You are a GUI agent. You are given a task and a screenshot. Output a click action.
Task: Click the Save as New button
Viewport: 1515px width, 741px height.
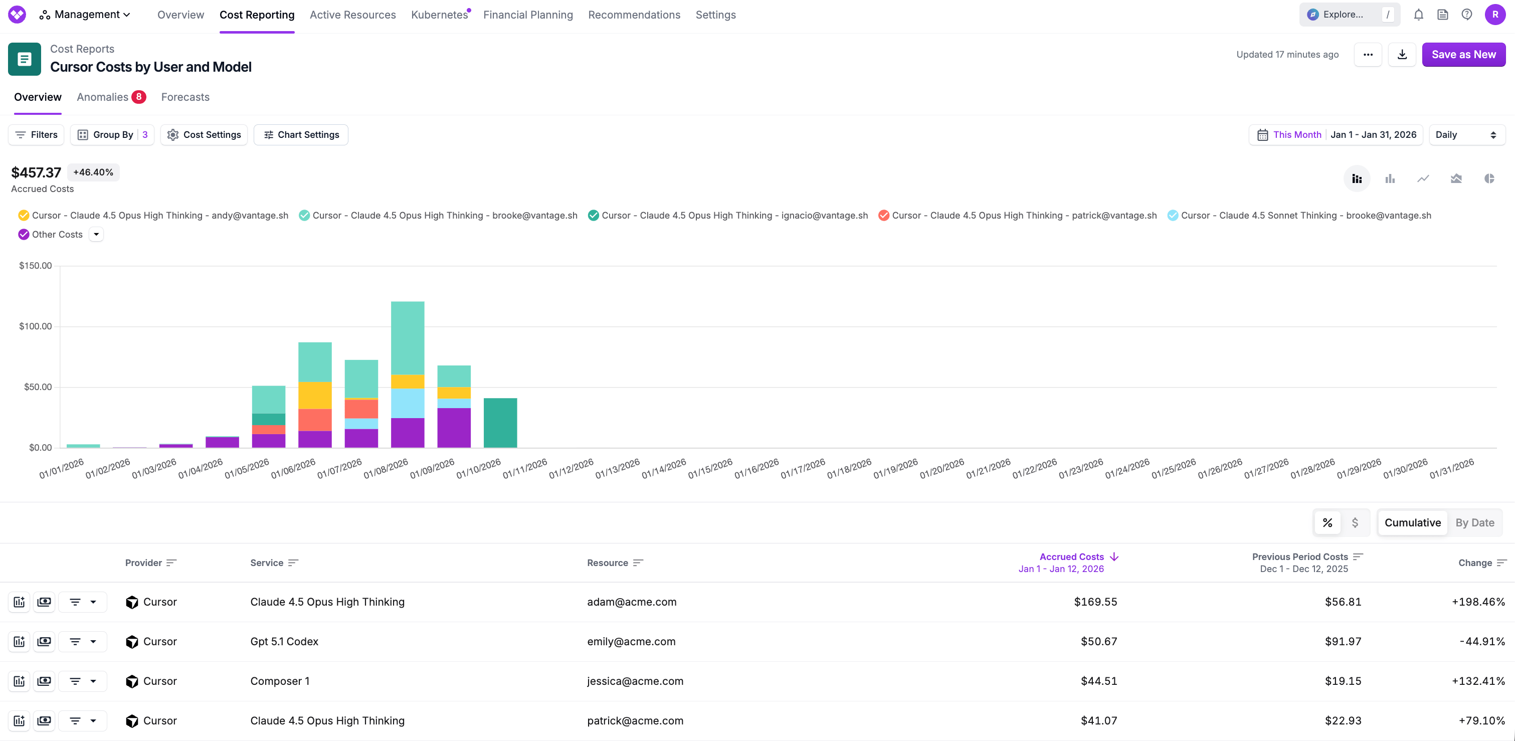click(1463, 55)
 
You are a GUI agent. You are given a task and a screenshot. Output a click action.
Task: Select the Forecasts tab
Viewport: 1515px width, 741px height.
click(185, 97)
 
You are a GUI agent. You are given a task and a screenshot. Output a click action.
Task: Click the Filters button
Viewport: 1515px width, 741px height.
click(37, 135)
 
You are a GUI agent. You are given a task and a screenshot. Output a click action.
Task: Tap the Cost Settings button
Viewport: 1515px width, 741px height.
click(204, 135)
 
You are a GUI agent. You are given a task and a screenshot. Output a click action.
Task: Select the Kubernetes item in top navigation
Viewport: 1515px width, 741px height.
click(439, 15)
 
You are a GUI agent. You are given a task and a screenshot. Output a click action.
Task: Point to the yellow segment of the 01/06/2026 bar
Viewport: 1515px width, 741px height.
click(315, 395)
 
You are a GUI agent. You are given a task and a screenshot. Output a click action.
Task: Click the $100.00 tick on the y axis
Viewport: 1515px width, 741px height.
click(35, 326)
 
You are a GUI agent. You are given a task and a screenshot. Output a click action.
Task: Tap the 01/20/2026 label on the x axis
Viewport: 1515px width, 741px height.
click(941, 469)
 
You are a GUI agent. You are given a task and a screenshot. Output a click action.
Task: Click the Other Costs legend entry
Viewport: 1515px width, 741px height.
click(57, 235)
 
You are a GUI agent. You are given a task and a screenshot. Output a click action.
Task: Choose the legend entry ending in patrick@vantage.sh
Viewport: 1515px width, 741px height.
click(1023, 216)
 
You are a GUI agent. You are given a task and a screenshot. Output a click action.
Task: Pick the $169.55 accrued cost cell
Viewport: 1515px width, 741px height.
click(1095, 602)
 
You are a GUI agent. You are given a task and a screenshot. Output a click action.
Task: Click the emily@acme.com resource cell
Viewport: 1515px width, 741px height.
click(631, 642)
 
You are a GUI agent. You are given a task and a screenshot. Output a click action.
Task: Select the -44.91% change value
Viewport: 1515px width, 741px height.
click(1481, 642)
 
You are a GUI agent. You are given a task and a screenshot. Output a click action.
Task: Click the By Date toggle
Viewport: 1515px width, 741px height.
click(1474, 523)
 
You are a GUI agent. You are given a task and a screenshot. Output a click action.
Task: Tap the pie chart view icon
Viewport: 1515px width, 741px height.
click(1488, 179)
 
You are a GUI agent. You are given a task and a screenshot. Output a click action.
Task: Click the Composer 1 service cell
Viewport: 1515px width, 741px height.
click(280, 681)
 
